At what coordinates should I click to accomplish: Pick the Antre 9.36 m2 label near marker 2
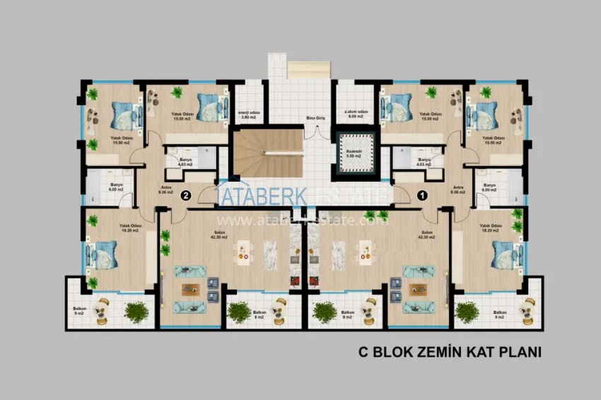tap(162, 188)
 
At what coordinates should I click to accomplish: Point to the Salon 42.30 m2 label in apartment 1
tap(426, 235)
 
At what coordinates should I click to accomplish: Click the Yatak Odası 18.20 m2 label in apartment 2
tap(127, 228)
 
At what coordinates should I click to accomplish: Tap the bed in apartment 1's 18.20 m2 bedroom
tap(504, 254)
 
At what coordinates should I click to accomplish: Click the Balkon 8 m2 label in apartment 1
tap(347, 314)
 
